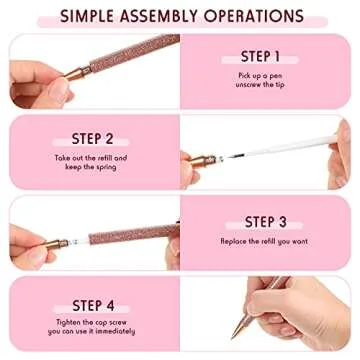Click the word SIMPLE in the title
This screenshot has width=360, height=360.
point(93,16)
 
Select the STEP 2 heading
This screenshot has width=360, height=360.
point(92,139)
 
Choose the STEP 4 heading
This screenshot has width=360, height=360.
point(92,305)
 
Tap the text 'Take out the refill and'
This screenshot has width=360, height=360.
point(92,157)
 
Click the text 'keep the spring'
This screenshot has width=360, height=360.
point(92,166)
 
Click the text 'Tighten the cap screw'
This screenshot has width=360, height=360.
point(92,322)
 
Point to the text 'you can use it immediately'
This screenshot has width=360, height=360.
point(92,331)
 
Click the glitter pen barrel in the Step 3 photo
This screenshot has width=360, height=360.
point(125,239)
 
